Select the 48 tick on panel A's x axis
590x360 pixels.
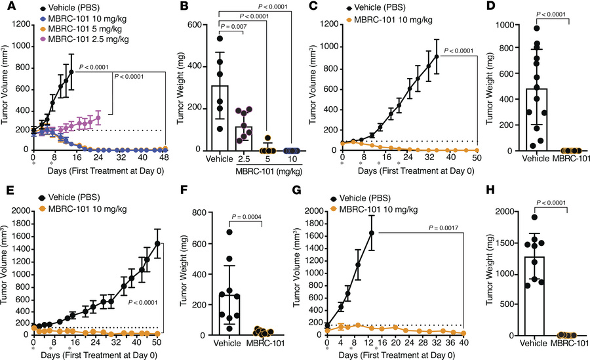[165, 158]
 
